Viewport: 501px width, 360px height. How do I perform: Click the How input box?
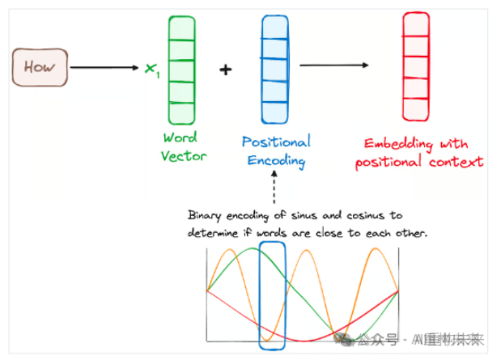point(39,67)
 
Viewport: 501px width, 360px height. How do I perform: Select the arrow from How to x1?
point(105,68)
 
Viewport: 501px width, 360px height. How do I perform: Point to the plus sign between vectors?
point(225,70)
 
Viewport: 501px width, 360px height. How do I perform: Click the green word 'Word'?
point(180,138)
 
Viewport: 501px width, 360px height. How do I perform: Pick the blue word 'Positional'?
point(275,142)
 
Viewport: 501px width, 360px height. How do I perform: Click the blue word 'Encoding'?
point(275,160)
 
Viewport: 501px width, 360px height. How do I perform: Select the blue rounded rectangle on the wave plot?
point(272,296)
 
